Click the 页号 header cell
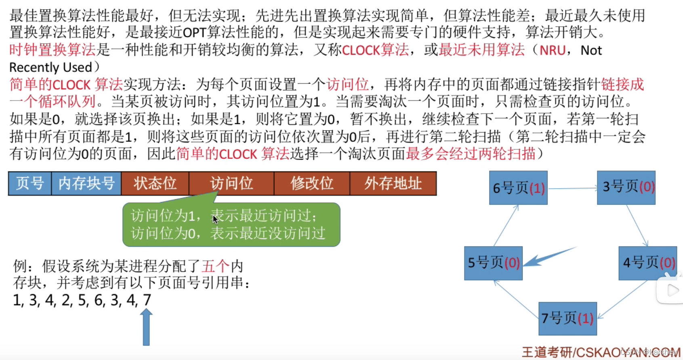tap(30, 183)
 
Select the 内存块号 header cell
tap(86, 183)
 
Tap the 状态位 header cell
tap(155, 183)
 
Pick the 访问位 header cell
tap(231, 183)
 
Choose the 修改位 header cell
tap(312, 183)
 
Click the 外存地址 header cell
tap(393, 183)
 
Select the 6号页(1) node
tap(518, 188)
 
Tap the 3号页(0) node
tap(626, 187)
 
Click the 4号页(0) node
tap(647, 263)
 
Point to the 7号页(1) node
tap(567, 318)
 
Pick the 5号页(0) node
tap(493, 263)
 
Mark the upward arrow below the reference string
tap(146, 327)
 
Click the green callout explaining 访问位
tap(231, 225)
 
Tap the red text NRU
tap(553, 51)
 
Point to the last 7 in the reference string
tap(147, 300)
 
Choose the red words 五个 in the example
tap(216, 266)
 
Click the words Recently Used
tap(50, 67)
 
